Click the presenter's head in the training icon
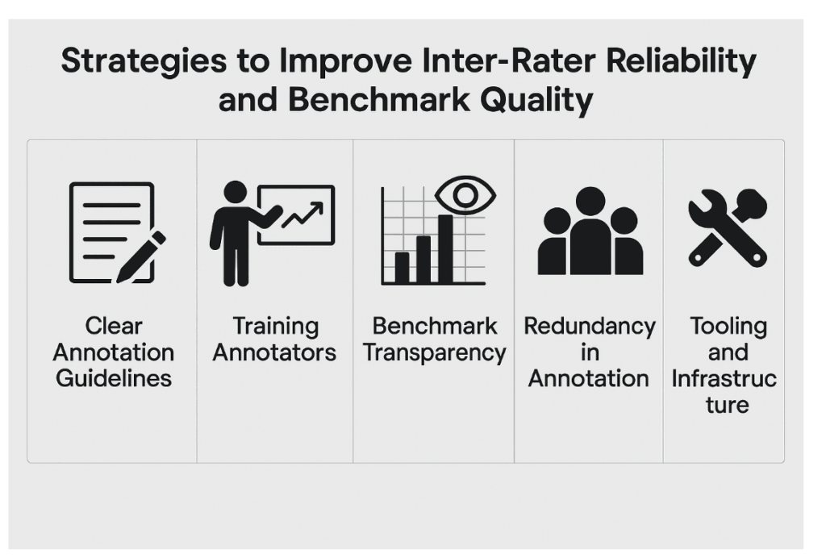pyautogui.click(x=235, y=192)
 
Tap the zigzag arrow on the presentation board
pyautogui.click(x=301, y=215)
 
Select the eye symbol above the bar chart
pyautogui.click(x=465, y=194)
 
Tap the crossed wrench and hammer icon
pyautogui.click(x=728, y=227)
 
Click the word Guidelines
pyautogui.click(x=114, y=378)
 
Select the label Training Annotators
pyautogui.click(x=275, y=339)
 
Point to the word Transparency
pyautogui.click(x=435, y=353)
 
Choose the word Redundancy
pyautogui.click(x=589, y=327)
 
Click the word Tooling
pyautogui.click(x=728, y=327)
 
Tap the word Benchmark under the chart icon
pyautogui.click(x=435, y=327)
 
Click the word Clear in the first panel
pyautogui.click(x=114, y=327)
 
